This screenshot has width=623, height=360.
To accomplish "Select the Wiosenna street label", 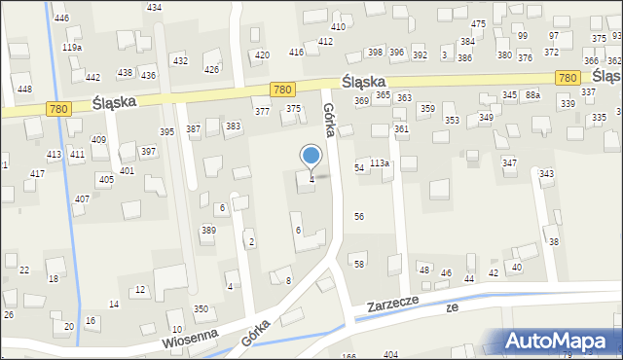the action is [x=164, y=342].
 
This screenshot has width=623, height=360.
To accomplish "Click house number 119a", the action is [x=72, y=47].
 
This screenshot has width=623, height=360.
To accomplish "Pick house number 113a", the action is [x=379, y=163].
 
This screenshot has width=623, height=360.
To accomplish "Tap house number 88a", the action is [x=531, y=95].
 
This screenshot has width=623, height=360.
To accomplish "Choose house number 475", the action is [x=478, y=23].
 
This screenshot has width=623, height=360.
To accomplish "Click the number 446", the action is [x=61, y=18].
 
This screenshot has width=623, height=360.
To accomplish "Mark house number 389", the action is [x=208, y=230].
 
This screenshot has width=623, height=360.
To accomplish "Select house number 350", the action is [x=201, y=308].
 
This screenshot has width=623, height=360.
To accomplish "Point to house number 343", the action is [x=547, y=173].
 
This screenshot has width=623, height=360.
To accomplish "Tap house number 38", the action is [x=554, y=241].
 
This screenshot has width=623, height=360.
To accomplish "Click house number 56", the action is [x=359, y=216].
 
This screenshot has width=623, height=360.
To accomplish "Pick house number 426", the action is [x=211, y=69].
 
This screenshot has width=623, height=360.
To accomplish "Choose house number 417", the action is [x=37, y=173].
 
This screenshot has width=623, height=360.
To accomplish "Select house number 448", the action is [x=24, y=89].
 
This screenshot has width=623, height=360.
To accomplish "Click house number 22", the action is [x=24, y=270].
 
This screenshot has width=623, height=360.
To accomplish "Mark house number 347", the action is [x=509, y=162].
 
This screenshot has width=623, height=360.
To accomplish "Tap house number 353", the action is [x=452, y=120].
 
